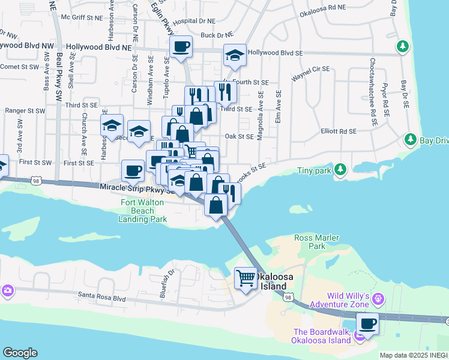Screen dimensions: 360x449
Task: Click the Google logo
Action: (20, 353)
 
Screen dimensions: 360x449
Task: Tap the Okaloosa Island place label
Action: (278, 281)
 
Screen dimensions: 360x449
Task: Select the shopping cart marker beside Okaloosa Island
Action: (246, 278)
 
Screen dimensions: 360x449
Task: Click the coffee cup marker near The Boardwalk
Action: (367, 324)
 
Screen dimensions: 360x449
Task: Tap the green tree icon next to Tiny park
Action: (340, 170)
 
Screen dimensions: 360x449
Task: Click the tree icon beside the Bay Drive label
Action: (411, 140)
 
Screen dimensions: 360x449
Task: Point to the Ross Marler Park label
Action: (318, 242)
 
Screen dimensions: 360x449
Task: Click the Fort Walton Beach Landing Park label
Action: (143, 211)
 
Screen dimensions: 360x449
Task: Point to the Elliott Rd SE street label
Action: (339, 131)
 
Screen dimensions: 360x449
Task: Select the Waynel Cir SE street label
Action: (310, 70)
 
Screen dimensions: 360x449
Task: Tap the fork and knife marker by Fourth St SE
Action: (225, 92)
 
